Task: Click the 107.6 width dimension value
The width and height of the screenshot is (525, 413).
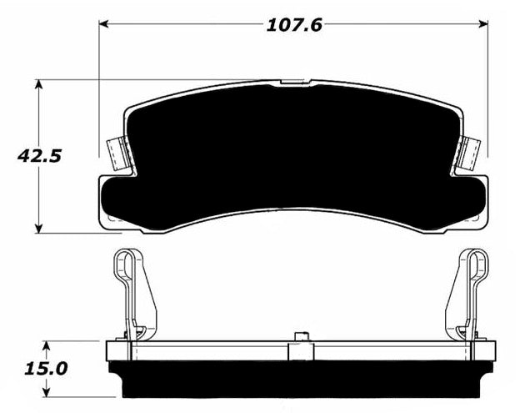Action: click(294, 25)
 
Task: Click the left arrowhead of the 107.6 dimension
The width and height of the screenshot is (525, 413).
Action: click(104, 24)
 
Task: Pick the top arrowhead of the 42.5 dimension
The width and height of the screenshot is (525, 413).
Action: click(39, 85)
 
